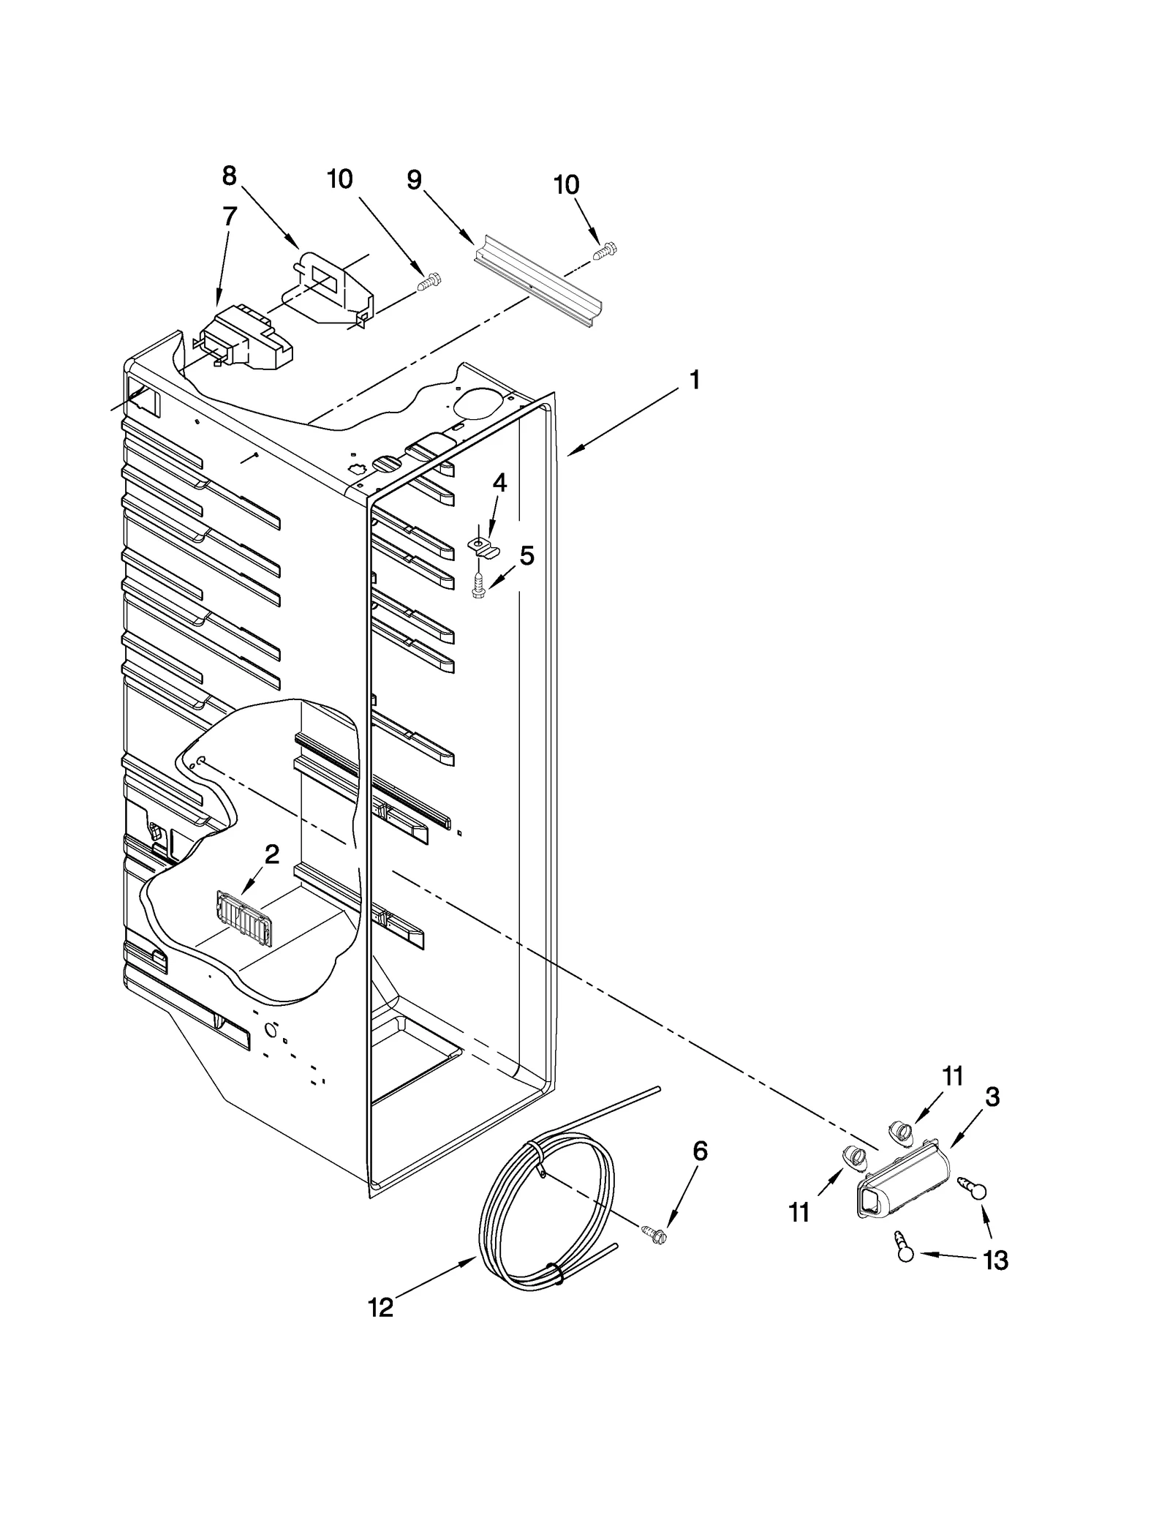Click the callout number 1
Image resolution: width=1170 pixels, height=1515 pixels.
695,380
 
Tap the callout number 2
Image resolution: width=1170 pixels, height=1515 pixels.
271,854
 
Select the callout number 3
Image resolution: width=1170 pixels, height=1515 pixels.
992,1097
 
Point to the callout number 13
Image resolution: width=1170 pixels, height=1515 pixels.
996,1260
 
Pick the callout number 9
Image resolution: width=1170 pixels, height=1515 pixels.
414,179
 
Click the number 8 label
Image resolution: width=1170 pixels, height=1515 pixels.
229,176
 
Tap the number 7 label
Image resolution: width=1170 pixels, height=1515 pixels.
229,217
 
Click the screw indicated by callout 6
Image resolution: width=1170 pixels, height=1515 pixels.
654,1234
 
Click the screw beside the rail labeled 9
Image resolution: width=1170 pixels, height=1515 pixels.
604,251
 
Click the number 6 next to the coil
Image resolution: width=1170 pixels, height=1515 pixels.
700,1151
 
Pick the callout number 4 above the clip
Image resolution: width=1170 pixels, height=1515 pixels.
499,483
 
